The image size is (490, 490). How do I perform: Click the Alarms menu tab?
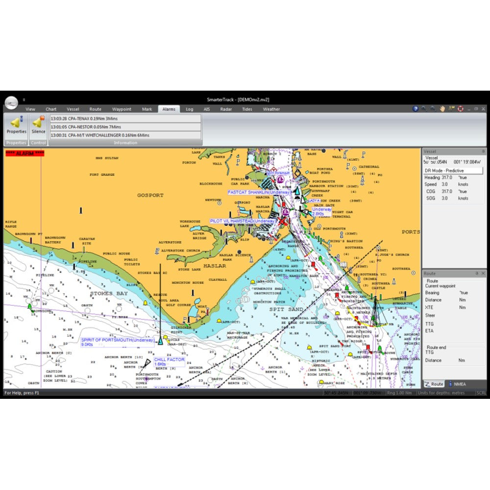[169, 109]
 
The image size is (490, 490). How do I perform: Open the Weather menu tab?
[271, 109]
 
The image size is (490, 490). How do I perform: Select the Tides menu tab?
[247, 109]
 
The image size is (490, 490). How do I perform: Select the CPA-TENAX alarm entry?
[125, 119]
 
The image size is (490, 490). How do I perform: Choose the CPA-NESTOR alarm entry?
[125, 127]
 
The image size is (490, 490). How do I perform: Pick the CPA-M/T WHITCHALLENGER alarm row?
[125, 135]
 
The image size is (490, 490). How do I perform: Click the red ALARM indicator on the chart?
[24, 153]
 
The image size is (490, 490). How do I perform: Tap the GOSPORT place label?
[150, 195]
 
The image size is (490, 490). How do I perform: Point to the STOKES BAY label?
[109, 294]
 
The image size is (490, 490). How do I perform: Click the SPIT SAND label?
[286, 309]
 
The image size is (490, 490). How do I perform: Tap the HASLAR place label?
[215, 266]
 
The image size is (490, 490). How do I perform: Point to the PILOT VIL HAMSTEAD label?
[242, 221]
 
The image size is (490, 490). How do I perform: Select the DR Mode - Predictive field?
[453, 170]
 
